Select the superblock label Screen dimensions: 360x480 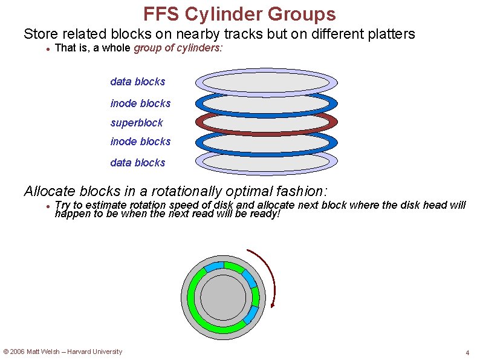click(x=137, y=123)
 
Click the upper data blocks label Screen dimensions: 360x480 click(x=137, y=82)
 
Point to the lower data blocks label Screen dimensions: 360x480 click(x=137, y=163)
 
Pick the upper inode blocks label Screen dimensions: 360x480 click(x=140, y=103)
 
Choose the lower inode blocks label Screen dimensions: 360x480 click(x=140, y=142)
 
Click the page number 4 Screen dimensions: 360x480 click(x=467, y=353)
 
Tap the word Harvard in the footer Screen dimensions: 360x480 click(x=84, y=352)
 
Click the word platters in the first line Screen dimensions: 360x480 click(x=392, y=34)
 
